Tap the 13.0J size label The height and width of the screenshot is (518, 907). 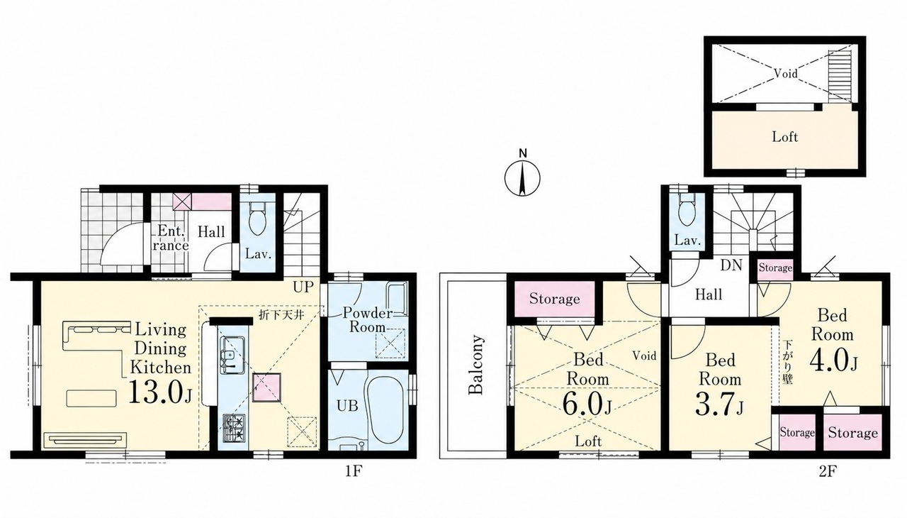[160, 392]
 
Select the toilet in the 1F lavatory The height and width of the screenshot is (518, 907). [257, 219]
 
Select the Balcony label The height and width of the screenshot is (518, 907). [475, 364]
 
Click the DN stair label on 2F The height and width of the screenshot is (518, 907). [731, 265]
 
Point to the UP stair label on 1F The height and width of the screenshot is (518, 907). [303, 287]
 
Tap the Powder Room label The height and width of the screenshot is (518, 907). [368, 319]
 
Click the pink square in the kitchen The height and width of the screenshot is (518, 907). [266, 387]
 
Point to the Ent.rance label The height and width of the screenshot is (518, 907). [173, 238]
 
